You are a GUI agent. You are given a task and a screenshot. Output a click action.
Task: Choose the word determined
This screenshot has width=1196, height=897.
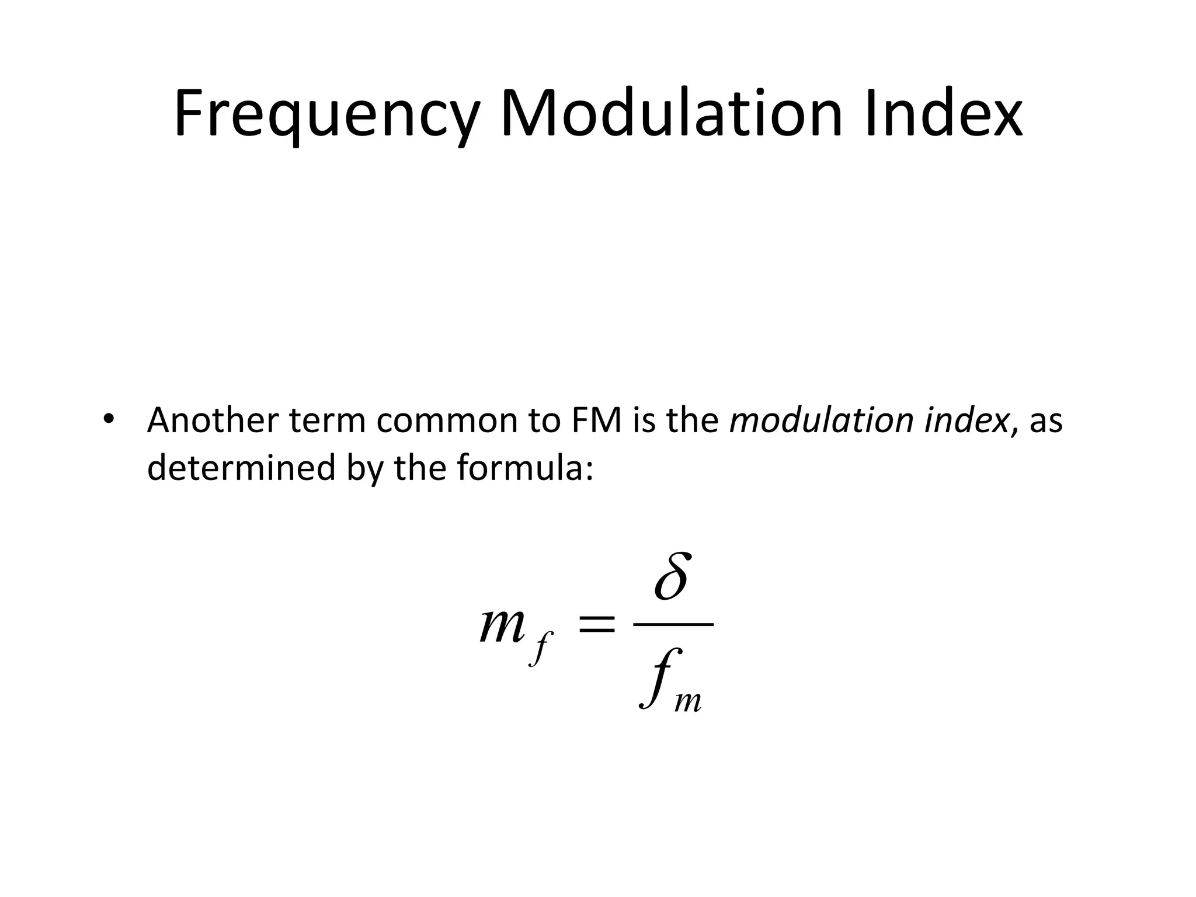[241, 468]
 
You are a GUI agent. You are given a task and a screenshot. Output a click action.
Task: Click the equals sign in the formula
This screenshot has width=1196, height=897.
[596, 624]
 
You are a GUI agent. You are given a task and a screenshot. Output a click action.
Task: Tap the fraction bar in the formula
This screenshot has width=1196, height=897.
[673, 624]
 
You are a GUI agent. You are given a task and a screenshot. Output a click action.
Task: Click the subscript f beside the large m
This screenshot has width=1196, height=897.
[541, 648]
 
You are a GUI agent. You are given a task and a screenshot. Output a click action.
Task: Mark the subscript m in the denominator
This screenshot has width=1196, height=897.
[687, 701]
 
